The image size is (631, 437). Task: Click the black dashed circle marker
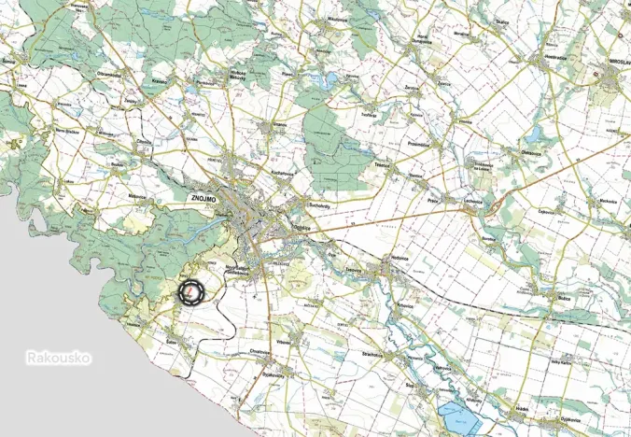click(x=190, y=292)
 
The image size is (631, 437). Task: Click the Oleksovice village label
click(x=482, y=167)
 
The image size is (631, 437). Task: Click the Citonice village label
click(x=143, y=141)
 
